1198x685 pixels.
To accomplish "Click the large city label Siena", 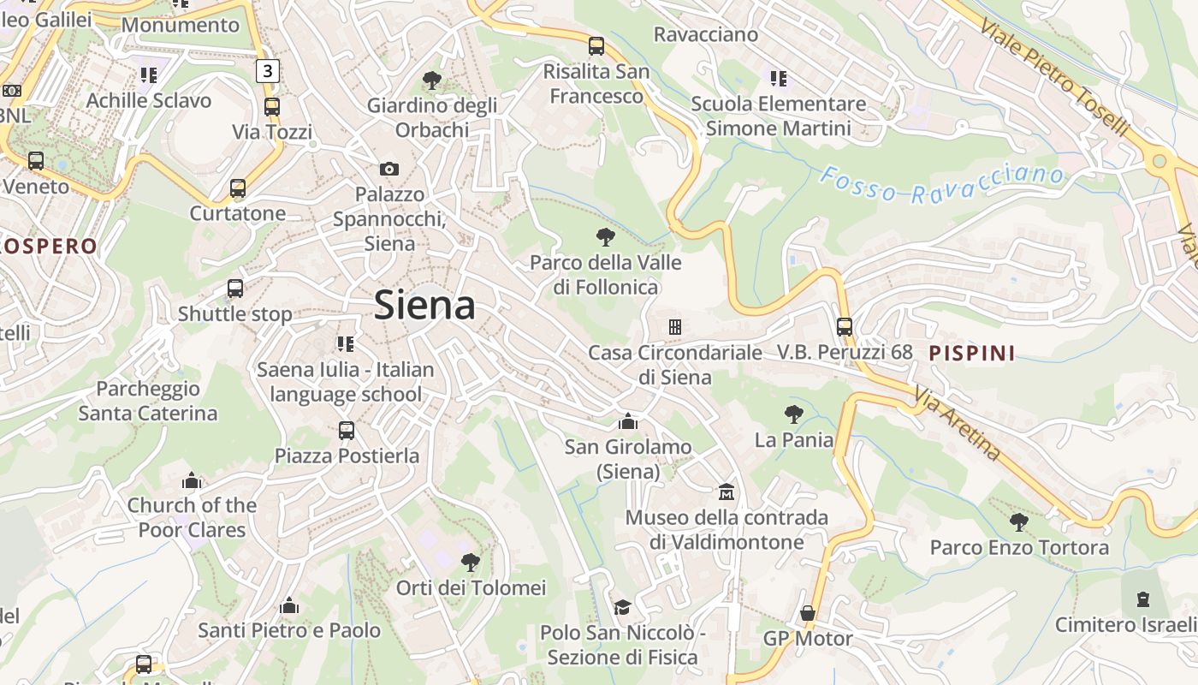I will tap(424, 306).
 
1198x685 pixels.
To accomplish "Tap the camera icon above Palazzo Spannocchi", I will tap(389, 169).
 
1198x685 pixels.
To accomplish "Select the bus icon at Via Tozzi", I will tap(272, 107).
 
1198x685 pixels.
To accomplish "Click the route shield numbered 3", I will tap(268, 70).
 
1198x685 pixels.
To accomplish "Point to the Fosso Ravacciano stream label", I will tap(941, 185).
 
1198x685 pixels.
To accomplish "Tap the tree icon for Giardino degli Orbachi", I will tap(432, 80).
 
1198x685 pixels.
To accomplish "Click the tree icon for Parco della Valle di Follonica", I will tap(606, 236).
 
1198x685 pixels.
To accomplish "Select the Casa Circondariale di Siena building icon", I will tap(674, 326).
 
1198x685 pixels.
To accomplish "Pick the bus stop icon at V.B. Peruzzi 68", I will tap(845, 326).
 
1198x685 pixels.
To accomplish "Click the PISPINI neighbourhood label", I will tap(972, 353).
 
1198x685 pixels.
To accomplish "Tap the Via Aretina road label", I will tap(957, 423).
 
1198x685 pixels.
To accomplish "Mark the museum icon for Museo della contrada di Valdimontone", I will tap(727, 492).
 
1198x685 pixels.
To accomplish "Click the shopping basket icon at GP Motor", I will tap(807, 613).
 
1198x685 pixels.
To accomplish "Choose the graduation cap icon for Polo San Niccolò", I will tap(622, 607).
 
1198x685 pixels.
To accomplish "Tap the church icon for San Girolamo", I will tap(628, 421).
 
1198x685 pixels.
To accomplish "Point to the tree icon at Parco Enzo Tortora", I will tap(1018, 521).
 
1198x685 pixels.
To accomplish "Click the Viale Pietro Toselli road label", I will tap(1055, 76).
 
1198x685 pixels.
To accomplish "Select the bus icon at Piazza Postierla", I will tap(347, 430).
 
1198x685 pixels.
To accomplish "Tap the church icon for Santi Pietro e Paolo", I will tap(289, 605).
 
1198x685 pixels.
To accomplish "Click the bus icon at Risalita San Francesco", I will tap(596, 45).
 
